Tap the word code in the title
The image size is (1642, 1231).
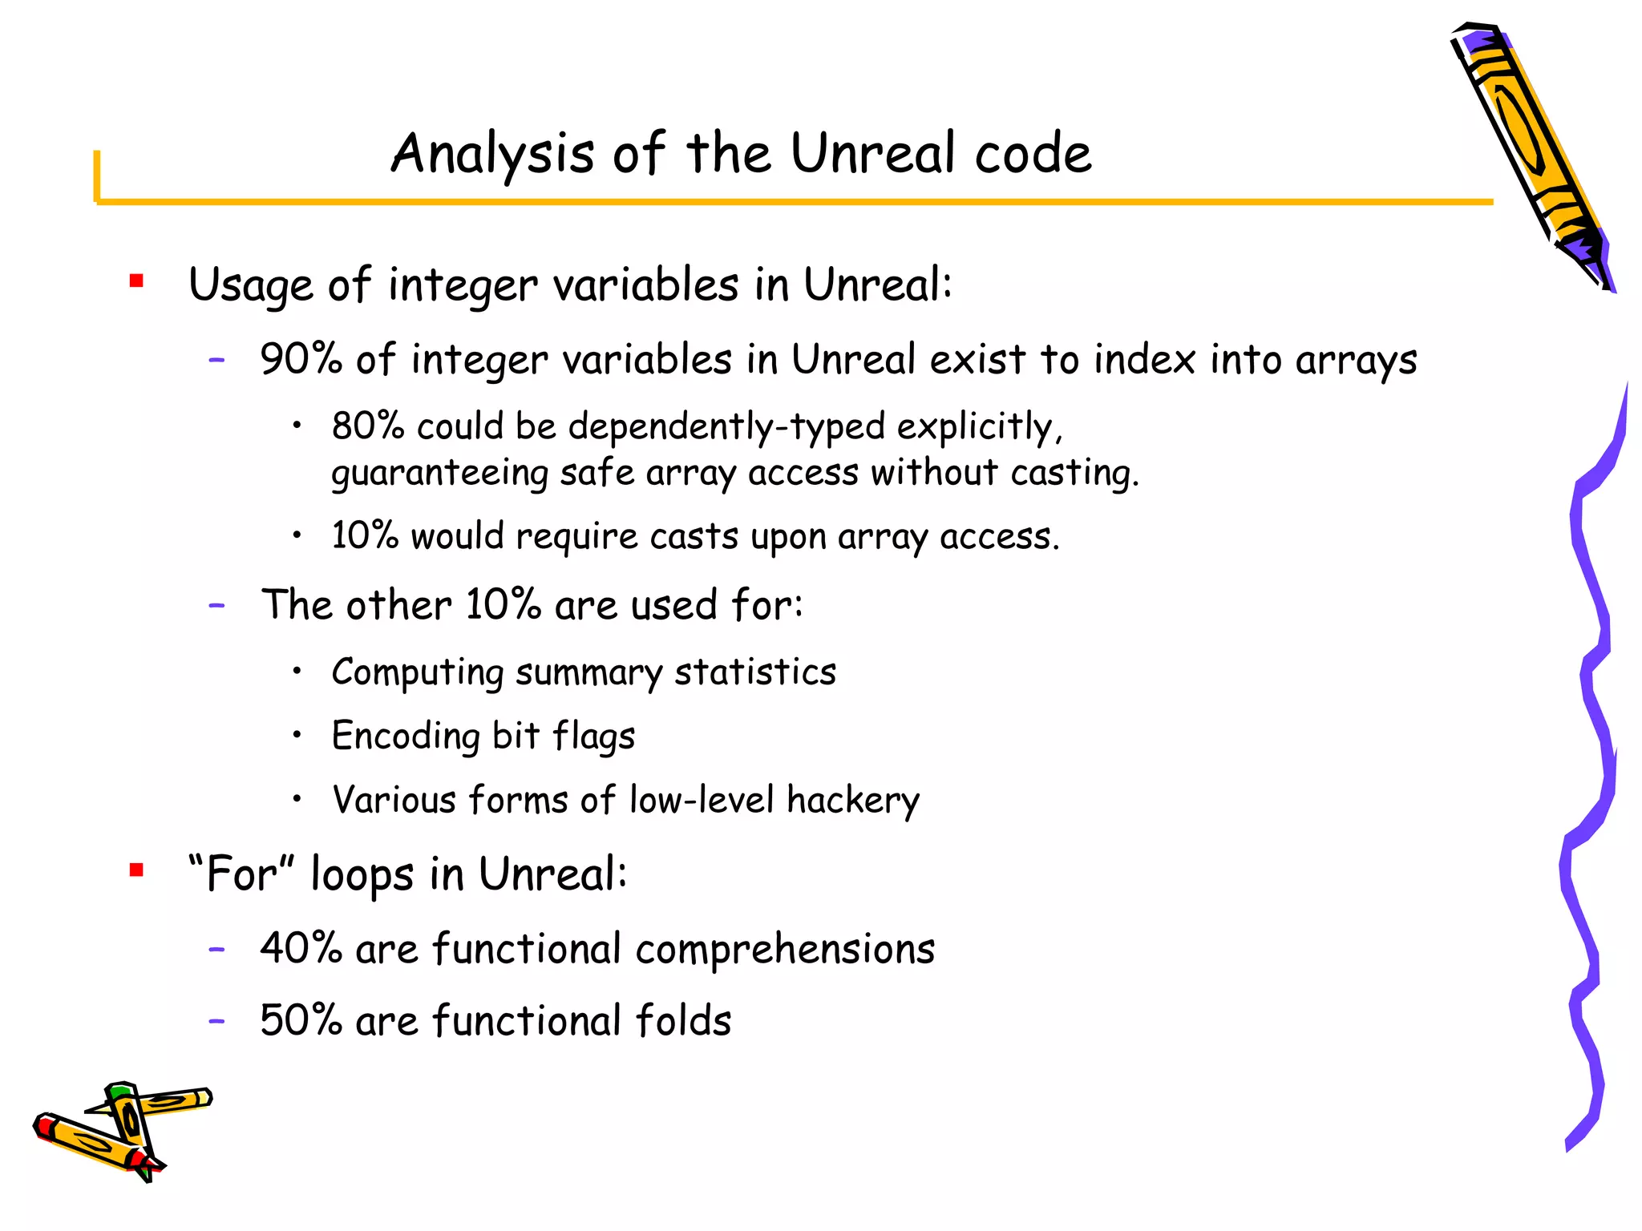click(1033, 154)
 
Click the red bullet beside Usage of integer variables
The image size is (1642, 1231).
click(136, 281)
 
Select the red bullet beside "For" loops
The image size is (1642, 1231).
click(136, 870)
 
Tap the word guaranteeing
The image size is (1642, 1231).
click(439, 473)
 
